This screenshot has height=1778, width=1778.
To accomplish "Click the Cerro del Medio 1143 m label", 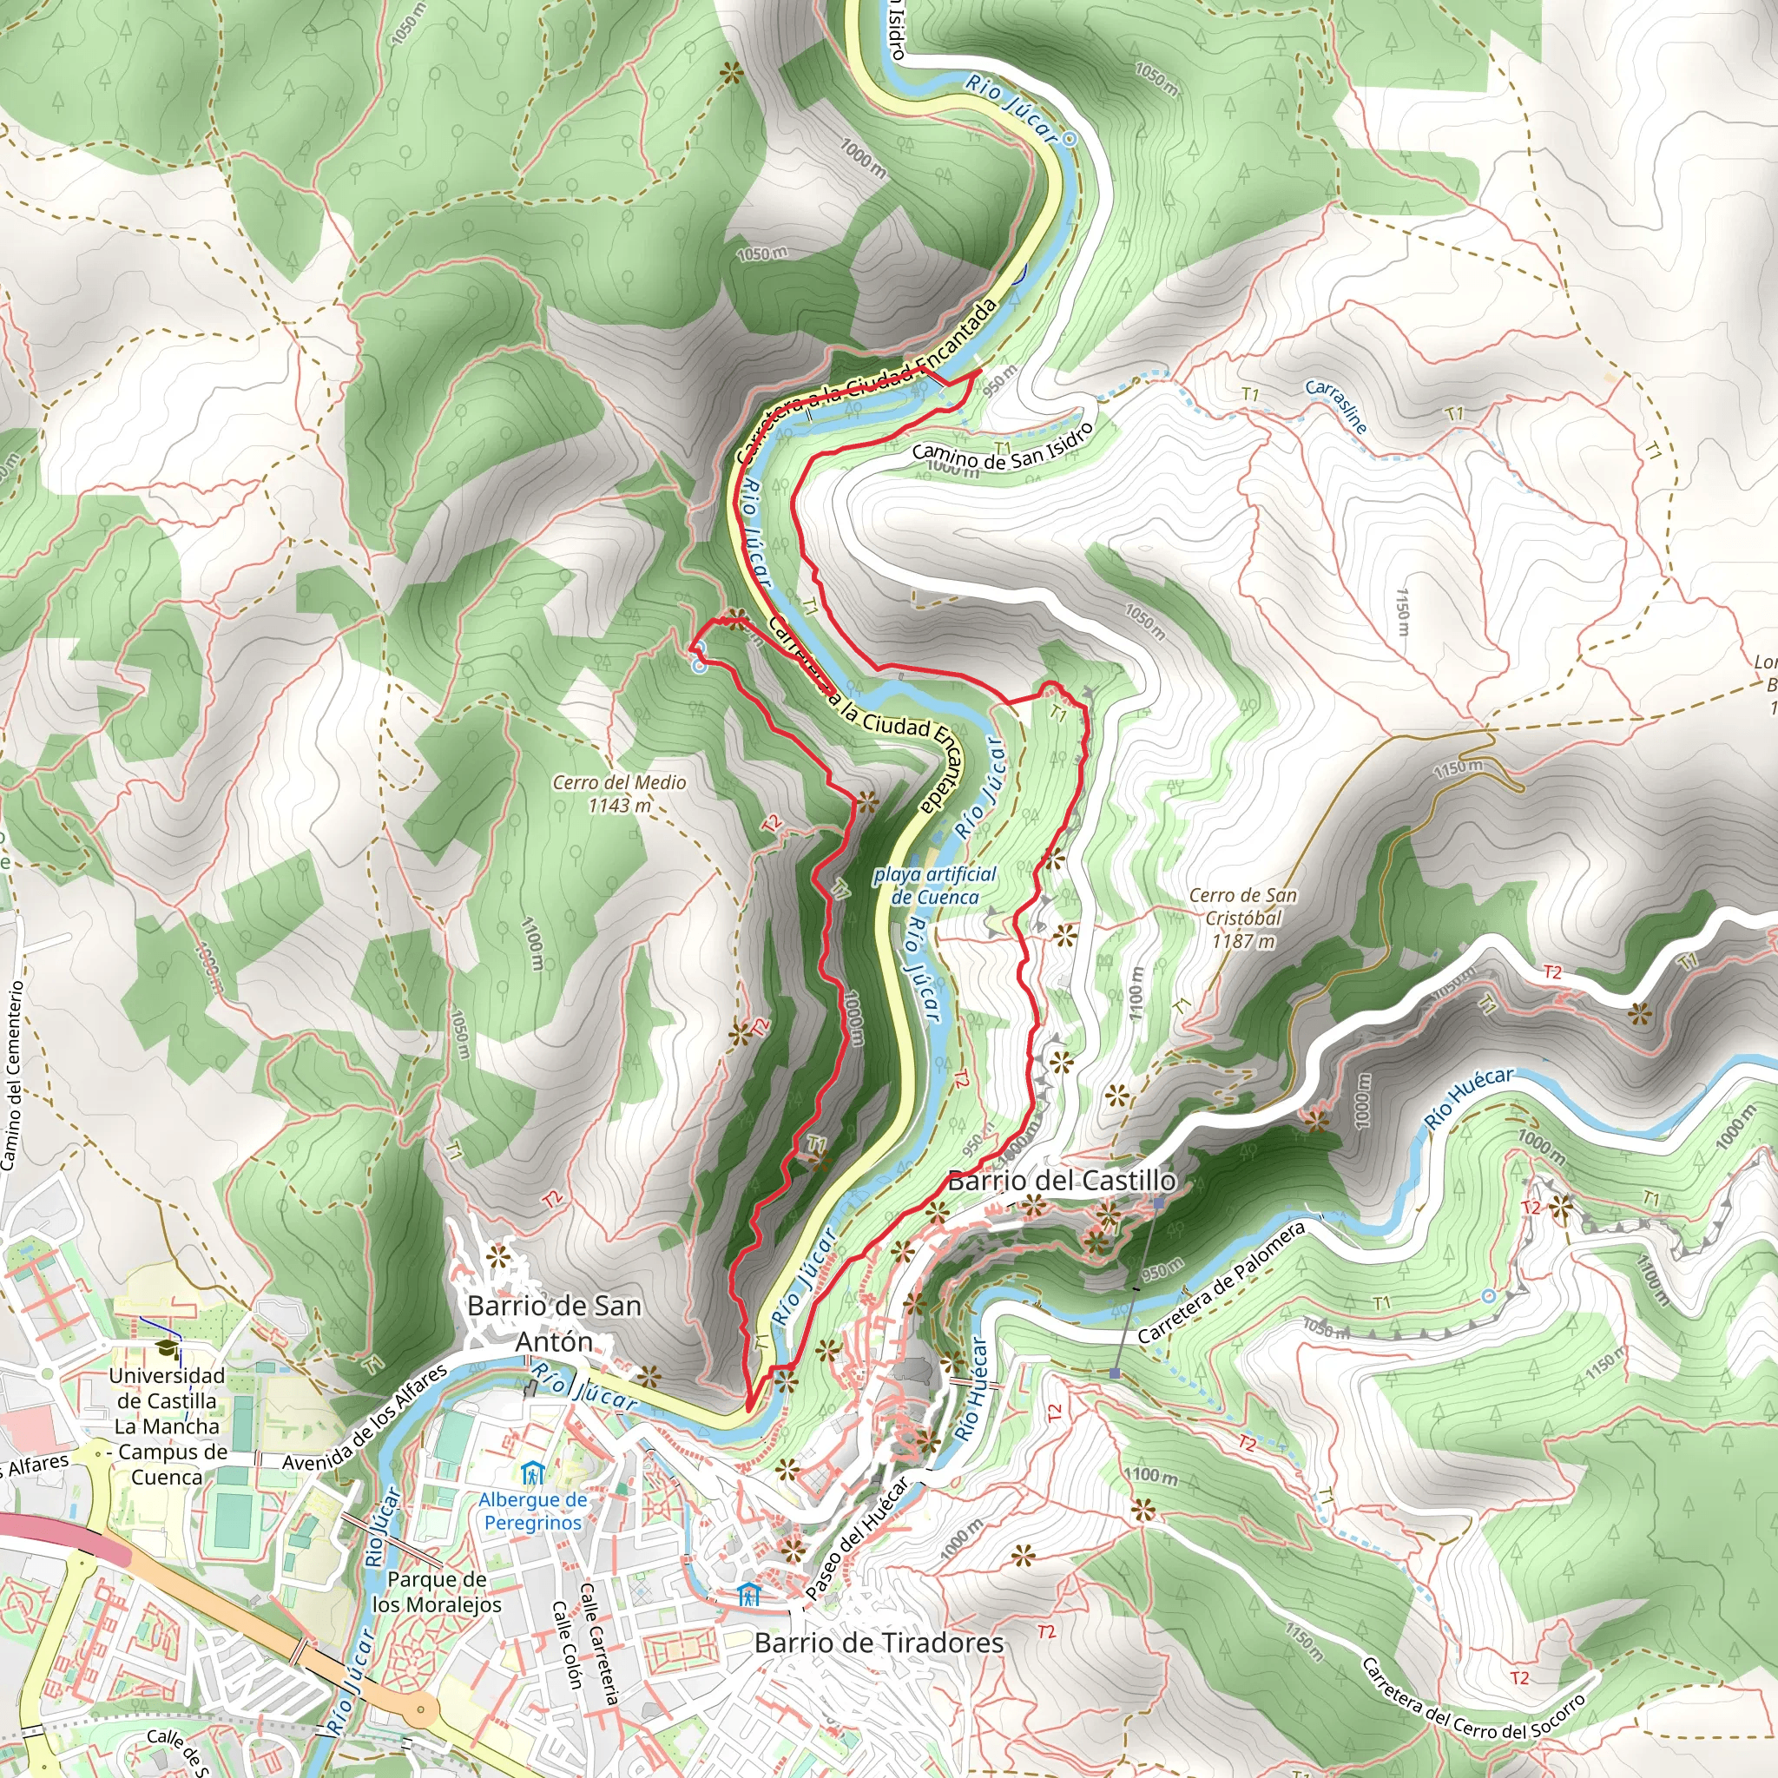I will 619,794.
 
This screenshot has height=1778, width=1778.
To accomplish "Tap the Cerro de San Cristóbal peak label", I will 1242,918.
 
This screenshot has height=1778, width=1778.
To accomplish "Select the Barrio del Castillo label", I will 1061,1181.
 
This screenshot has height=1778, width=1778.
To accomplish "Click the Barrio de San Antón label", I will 554,1323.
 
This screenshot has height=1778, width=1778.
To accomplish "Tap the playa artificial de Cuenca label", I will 935,886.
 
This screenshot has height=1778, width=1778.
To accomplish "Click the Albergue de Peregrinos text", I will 533,1511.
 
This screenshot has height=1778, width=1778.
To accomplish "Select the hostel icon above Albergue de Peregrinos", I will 532,1475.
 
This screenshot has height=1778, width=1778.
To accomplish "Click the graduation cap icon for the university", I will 167,1349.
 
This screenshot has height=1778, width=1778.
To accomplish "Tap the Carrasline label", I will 1336,405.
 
